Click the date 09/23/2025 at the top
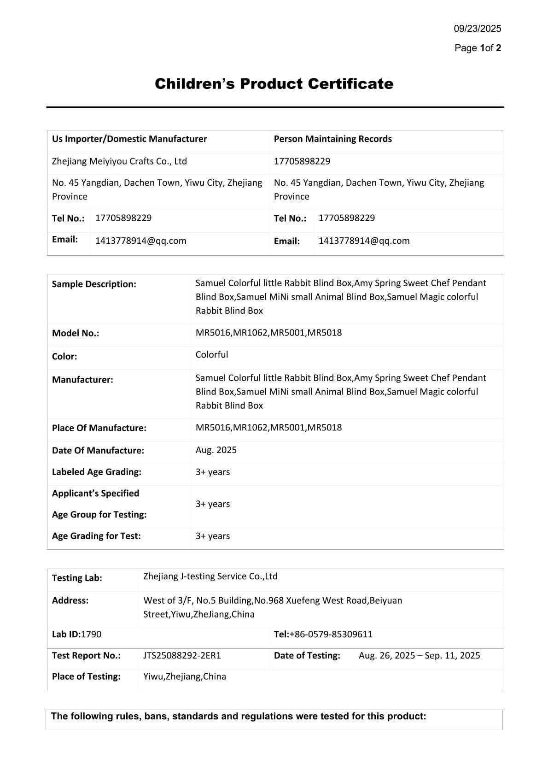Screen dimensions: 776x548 click(477, 29)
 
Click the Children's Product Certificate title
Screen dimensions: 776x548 click(274, 84)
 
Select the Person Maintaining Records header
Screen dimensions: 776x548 click(332, 139)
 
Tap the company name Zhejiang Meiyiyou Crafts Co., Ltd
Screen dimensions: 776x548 click(119, 161)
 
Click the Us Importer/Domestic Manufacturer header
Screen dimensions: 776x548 click(129, 139)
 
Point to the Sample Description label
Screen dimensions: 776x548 click(94, 284)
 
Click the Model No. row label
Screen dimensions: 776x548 click(76, 333)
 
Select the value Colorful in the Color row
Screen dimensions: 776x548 click(212, 354)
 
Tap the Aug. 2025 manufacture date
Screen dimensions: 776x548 click(216, 450)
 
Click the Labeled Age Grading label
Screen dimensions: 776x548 click(97, 472)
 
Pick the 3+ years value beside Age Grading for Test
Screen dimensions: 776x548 click(213, 536)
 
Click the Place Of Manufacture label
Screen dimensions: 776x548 click(99, 428)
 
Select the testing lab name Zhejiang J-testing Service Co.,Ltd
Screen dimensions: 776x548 click(210, 576)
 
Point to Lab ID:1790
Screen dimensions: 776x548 click(76, 634)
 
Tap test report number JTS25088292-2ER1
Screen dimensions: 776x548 click(182, 655)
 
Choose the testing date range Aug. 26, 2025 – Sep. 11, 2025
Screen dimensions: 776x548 click(419, 655)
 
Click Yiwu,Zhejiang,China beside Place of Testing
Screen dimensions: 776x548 click(185, 676)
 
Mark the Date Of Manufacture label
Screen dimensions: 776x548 click(98, 450)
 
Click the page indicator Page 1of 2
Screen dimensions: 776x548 click(478, 48)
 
